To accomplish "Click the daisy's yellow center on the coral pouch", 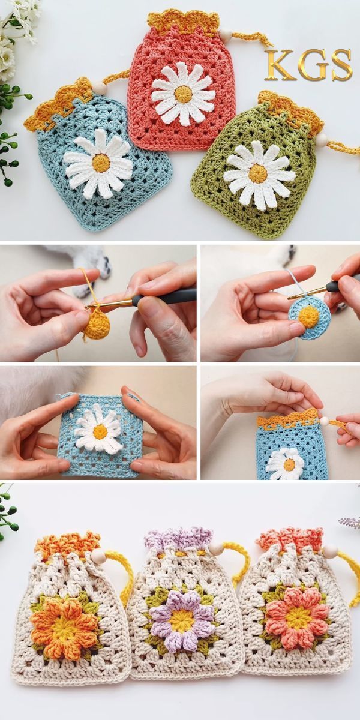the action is click(183, 94).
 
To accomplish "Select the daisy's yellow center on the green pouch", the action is click(257, 173).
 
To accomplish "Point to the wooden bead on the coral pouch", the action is click(224, 34).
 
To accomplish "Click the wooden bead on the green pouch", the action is click(322, 140).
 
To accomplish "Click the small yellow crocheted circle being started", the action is click(97, 326).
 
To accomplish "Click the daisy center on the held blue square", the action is click(100, 431).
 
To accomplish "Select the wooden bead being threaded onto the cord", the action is click(325, 420).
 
